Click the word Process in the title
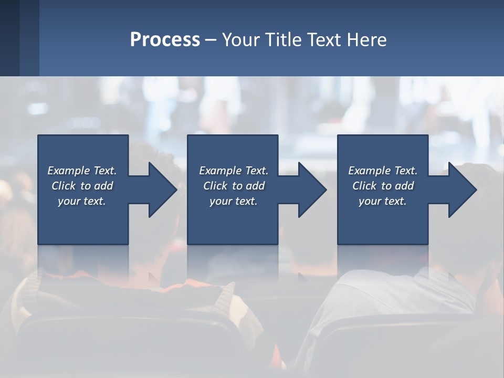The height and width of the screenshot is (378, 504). tap(165, 40)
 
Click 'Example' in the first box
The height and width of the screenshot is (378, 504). tap(69, 171)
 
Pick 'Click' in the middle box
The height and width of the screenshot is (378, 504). tap(215, 186)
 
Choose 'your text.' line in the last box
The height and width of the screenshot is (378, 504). tap(383, 201)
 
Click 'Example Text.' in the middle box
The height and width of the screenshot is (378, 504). tap(234, 171)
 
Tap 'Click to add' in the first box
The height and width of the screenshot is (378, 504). tap(82, 186)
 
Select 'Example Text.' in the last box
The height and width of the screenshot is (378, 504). tap(383, 171)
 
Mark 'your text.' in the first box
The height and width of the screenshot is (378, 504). tap(82, 201)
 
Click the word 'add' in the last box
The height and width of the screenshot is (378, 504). tap(404, 186)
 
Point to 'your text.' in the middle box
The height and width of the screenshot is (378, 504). tap(234, 201)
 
